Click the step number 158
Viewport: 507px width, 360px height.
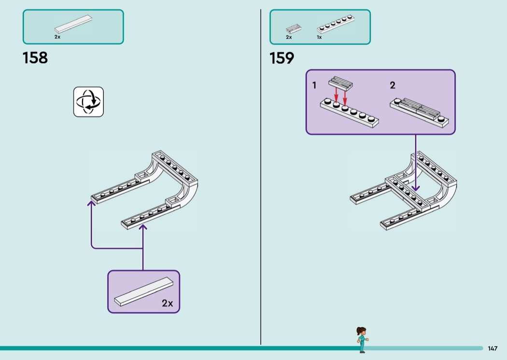click(35, 58)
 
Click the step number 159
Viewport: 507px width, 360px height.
click(282, 58)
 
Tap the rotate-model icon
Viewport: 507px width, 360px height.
click(88, 102)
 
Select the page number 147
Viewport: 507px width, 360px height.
click(493, 348)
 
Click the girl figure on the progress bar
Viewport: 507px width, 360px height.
click(362, 340)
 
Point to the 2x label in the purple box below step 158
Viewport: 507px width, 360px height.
click(167, 303)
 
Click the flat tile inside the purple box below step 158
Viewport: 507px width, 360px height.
click(143, 291)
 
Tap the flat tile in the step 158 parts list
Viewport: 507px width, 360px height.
click(73, 24)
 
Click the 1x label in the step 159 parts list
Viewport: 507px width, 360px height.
click(319, 38)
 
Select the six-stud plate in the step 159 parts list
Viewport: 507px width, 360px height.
click(336, 24)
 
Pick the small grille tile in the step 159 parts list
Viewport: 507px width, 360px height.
click(294, 29)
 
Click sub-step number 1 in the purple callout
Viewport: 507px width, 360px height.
click(314, 85)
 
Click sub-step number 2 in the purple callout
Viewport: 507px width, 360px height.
click(393, 85)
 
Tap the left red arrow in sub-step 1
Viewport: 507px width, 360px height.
click(336, 94)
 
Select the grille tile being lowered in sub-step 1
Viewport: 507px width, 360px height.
click(340, 82)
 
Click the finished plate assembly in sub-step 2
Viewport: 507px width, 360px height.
click(420, 112)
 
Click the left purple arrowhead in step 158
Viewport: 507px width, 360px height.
click(92, 203)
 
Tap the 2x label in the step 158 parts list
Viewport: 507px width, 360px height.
click(57, 37)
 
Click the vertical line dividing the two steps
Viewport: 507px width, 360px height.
click(261, 177)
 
